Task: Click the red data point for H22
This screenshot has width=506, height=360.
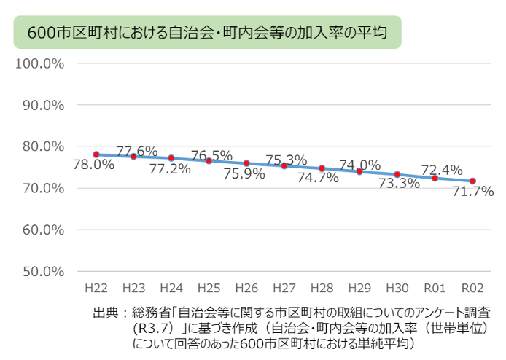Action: pyautogui.click(x=96, y=154)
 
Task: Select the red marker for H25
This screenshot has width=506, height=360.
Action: pyautogui.click(x=209, y=160)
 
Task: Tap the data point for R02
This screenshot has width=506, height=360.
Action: pyautogui.click(x=472, y=181)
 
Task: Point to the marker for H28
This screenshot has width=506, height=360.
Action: pyautogui.click(x=322, y=168)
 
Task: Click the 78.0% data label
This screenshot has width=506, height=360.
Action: pyautogui.click(x=94, y=165)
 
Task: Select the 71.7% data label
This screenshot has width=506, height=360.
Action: pyautogui.click(x=473, y=192)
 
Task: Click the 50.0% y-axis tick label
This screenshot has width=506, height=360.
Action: pyautogui.click(x=43, y=271)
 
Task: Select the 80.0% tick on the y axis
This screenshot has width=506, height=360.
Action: pyautogui.click(x=43, y=146)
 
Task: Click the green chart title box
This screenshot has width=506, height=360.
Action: pyautogui.click(x=207, y=33)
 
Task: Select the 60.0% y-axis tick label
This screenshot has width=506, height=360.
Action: pyautogui.click(x=43, y=230)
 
